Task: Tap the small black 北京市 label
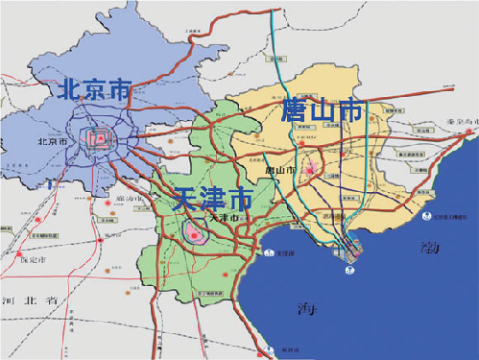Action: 52,141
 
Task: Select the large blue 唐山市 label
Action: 322,111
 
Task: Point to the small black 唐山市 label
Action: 279,170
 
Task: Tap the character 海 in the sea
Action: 306,308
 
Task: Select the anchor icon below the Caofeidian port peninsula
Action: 351,272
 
